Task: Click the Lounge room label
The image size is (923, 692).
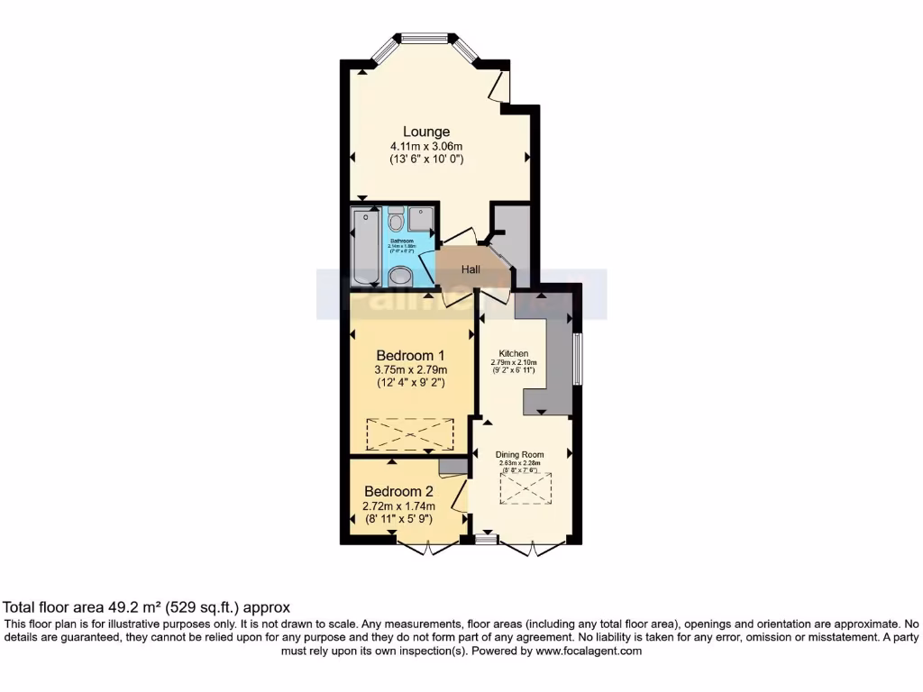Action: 426,132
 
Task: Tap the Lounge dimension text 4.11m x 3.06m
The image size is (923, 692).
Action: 426,146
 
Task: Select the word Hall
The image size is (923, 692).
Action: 471,269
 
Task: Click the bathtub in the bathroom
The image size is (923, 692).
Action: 366,245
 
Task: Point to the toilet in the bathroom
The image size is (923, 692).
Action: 396,221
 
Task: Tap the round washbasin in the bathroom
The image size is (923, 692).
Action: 399,276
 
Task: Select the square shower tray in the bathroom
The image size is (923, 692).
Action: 421,219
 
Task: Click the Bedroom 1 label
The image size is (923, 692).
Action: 411,355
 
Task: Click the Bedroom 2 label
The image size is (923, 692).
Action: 398,492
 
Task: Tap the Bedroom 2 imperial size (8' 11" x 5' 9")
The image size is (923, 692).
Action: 398,519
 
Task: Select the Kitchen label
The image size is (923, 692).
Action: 514,353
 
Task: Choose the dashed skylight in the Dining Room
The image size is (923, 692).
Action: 525,489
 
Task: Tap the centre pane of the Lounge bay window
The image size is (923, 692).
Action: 425,38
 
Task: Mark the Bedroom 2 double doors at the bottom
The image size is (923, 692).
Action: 425,548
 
